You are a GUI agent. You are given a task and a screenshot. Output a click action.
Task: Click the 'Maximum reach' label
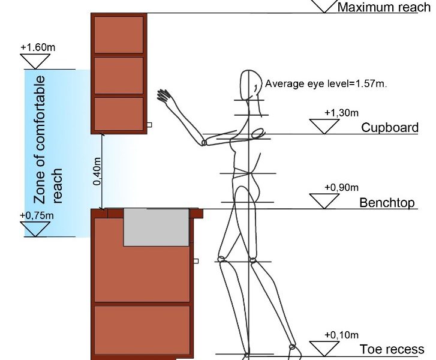coord(383,7)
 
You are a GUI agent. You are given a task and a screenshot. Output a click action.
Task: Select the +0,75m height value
coord(37,215)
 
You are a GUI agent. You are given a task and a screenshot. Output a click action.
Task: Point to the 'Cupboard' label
coord(390,128)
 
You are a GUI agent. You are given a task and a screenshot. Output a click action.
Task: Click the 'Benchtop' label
coord(387,203)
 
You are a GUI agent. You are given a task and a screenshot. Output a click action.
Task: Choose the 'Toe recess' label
coord(392,349)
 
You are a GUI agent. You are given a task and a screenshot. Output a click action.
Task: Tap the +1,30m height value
coord(341,112)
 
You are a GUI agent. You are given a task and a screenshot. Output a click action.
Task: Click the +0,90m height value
coord(341,187)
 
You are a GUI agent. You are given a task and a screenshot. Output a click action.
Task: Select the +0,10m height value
coord(341,335)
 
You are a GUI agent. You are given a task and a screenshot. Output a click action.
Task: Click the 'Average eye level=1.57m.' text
coord(326,84)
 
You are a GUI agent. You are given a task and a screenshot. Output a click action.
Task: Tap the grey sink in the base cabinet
coord(156,227)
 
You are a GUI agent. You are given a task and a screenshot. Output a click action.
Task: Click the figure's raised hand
coord(164,95)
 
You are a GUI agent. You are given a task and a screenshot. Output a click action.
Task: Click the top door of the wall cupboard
coord(119,35)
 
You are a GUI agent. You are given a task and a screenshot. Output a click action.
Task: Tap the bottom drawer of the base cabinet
coord(142,329)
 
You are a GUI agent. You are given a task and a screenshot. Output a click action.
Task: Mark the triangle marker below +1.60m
coord(35,61)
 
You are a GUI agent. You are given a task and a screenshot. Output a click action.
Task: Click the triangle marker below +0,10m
coord(324,348)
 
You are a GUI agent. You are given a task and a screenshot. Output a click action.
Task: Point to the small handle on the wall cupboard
coord(149,125)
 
